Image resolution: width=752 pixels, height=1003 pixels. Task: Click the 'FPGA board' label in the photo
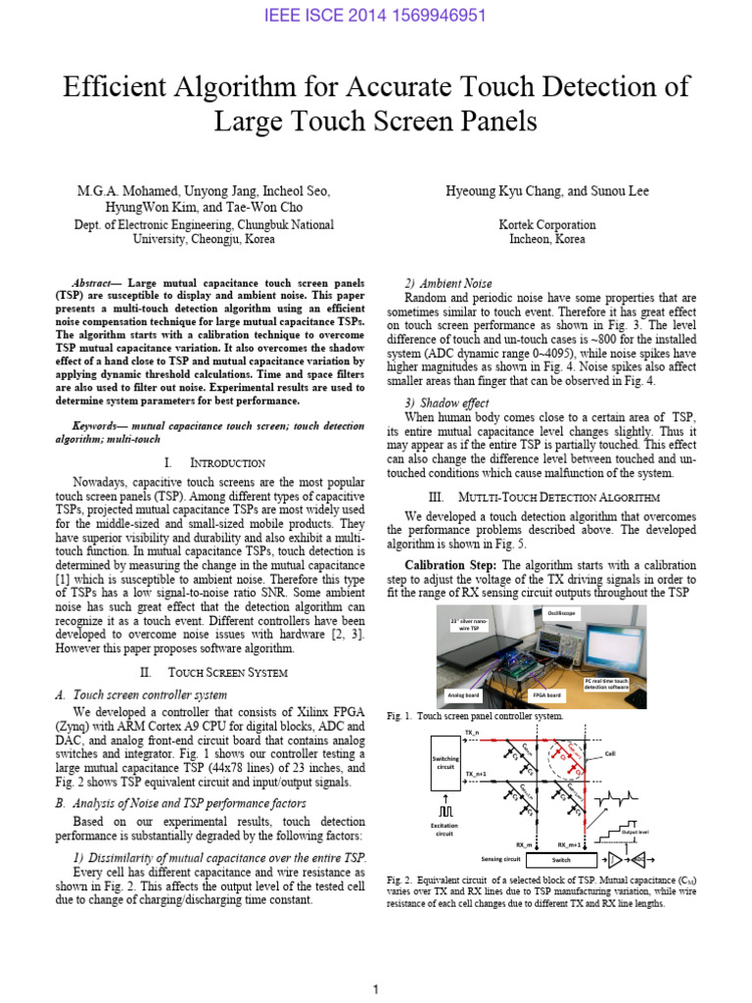(x=545, y=693)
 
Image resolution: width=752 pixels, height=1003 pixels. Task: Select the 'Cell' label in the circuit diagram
(x=637, y=754)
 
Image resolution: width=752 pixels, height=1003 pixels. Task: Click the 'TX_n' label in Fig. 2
(x=472, y=732)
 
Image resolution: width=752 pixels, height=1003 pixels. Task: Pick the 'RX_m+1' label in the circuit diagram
(x=570, y=843)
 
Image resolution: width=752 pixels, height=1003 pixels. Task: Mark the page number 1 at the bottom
(x=376, y=990)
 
